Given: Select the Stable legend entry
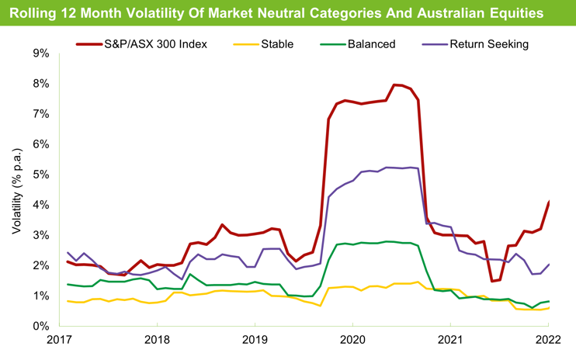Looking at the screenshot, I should coord(277,44).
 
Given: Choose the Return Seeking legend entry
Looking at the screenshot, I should coord(488,44).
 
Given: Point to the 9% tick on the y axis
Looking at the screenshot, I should coord(40,54).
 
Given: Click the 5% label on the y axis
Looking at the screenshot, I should coord(40,175).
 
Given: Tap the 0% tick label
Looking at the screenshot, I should coord(40,326).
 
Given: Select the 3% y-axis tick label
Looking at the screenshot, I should coord(40,235).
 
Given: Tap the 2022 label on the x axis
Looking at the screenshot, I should coord(549,339).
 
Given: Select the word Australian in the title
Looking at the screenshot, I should coord(458,14).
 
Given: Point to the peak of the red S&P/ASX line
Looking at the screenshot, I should coord(394,85).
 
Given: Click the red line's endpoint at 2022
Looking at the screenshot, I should coord(550,202).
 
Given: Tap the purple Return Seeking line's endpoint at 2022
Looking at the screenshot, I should coord(550,264).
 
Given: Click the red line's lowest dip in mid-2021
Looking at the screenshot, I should coord(492,281).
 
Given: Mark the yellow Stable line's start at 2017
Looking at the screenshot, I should coord(68,301).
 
